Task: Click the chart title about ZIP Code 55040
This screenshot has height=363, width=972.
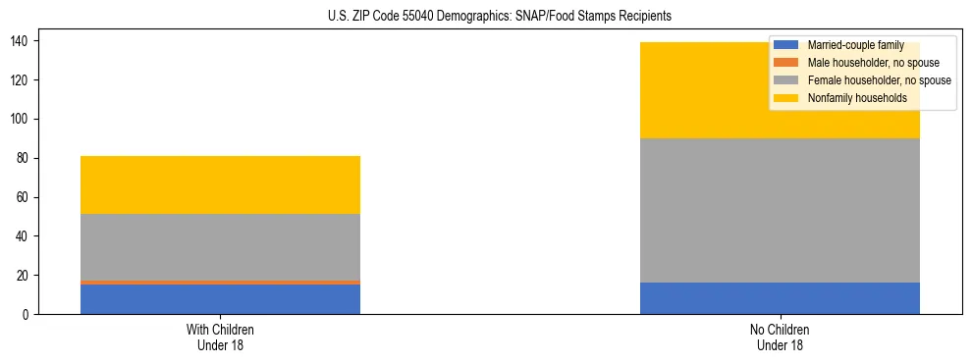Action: [x=486, y=17]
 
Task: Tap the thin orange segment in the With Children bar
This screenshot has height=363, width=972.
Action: [x=220, y=283]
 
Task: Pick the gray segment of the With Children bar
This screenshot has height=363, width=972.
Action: [x=220, y=247]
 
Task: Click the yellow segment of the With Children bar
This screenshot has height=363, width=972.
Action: [x=220, y=184]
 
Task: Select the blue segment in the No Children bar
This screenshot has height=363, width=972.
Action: [x=780, y=298]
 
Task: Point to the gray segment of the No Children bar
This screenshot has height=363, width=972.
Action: [x=780, y=210]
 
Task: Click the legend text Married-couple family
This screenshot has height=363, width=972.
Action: [x=855, y=45]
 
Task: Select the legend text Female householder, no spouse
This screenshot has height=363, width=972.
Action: [x=879, y=80]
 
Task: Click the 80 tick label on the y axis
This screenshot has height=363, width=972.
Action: [x=23, y=158]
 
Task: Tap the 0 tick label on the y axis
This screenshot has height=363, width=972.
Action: [x=27, y=314]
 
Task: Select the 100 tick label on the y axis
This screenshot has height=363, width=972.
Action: [x=20, y=119]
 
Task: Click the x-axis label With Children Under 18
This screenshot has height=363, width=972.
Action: [x=220, y=337]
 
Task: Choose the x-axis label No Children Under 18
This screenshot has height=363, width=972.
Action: [x=780, y=337]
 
